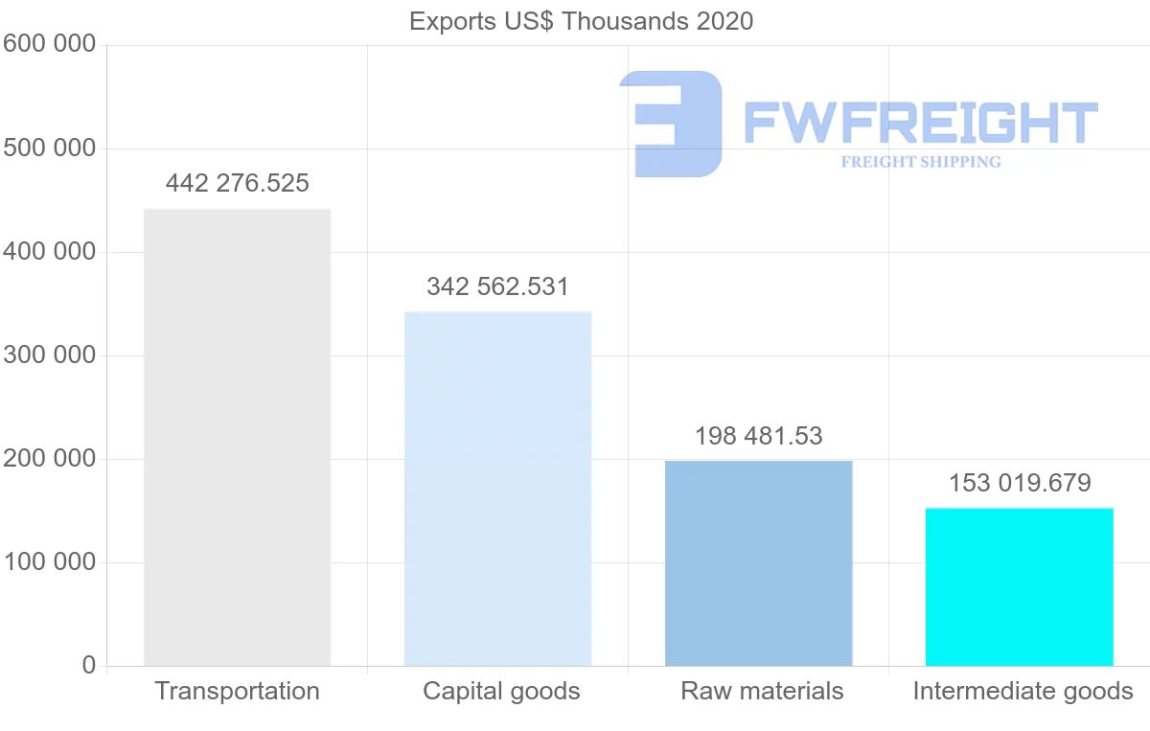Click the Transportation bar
[237, 437]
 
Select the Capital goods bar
[497, 489]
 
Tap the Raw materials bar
[758, 563]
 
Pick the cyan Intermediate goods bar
[1019, 586]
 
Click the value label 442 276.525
[237, 183]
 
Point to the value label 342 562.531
[497, 286]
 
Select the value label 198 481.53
[758, 436]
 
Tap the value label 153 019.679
[1020, 483]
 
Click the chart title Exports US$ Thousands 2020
[581, 21]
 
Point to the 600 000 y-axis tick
[49, 45]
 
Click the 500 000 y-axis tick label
[49, 148]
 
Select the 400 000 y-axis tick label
[49, 252]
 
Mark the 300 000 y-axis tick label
[49, 355]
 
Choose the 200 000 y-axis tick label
[49, 459]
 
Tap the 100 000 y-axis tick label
[49, 562]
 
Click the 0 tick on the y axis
[89, 666]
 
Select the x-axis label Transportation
[237, 692]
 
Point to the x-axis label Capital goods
[501, 692]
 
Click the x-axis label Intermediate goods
[1023, 692]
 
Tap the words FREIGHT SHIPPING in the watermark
[921, 162]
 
